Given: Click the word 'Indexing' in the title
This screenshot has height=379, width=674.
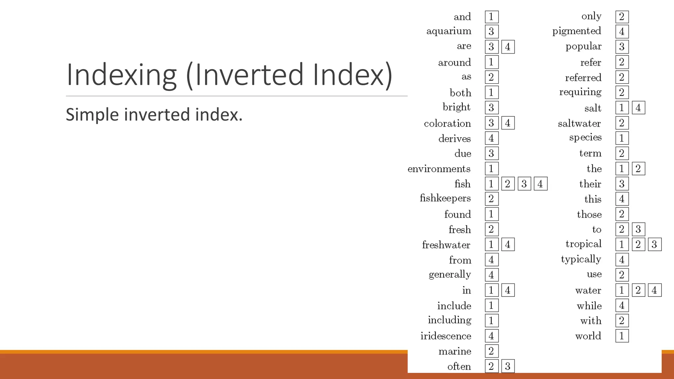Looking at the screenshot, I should coord(121,75).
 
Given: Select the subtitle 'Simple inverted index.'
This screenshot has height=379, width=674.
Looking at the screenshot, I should coord(154,114).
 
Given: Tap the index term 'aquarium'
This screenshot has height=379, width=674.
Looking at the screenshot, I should coord(449,31).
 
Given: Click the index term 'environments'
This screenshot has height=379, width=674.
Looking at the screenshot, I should coord(439,169).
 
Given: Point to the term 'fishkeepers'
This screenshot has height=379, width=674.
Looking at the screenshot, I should coord(445,198).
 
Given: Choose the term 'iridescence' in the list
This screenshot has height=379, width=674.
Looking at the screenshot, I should coord(446,336).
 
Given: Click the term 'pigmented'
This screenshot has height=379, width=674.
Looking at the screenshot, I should coord(577,31).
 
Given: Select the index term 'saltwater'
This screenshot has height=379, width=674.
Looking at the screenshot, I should coord(579,123).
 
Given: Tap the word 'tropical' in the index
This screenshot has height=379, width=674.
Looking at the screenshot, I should coord(583,244).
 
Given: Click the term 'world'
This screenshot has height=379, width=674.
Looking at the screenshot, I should coord(588,336).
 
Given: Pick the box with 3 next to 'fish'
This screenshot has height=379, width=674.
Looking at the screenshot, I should coord(524,184).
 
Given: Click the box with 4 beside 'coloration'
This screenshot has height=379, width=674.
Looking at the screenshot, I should coord(508,123).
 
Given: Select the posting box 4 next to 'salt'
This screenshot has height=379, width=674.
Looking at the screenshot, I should coord(638,108).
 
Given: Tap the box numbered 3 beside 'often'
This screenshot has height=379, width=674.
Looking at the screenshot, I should coord(508,366).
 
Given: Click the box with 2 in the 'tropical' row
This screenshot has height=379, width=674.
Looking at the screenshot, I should coord(638,244).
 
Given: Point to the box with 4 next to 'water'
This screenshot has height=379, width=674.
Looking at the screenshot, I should coord(654,290).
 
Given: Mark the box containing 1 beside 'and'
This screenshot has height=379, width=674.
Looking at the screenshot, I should coord(491,16).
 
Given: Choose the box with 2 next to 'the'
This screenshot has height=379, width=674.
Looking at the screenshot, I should coord(638,169).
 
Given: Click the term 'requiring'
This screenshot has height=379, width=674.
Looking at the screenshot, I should coord(580,92).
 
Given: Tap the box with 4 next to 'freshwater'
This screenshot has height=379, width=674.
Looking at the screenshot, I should coord(508,244).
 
